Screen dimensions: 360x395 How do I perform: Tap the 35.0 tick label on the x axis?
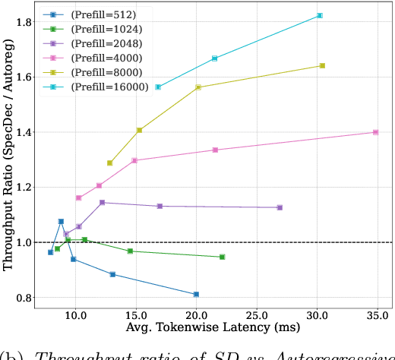(x=378, y=314)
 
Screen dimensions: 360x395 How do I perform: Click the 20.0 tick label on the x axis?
(x=196, y=314)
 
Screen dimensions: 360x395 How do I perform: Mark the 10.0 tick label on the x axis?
(x=74, y=314)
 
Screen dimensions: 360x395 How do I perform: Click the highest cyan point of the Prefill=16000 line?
(x=320, y=15)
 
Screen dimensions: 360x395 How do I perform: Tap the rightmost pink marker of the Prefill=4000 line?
(x=375, y=132)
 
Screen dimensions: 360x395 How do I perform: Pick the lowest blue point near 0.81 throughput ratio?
(x=196, y=294)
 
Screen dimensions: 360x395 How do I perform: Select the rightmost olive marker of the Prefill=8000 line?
(x=322, y=65)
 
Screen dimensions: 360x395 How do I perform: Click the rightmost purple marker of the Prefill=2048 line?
(x=280, y=207)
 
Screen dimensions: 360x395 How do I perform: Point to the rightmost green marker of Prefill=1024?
(x=222, y=257)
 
